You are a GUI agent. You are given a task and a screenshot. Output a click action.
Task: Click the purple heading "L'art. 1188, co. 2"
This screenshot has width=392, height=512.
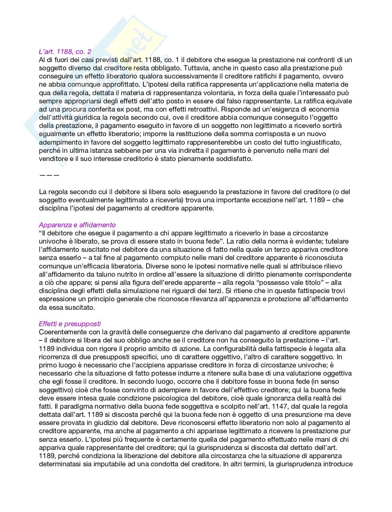tap(65, 52)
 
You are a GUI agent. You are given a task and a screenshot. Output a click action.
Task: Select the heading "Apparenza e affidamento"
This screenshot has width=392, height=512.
tap(77, 225)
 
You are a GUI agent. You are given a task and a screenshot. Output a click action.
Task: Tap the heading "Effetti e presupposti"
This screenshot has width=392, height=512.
tap(70, 324)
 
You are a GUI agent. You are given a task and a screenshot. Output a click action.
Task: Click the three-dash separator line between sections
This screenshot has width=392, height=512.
tap(49, 175)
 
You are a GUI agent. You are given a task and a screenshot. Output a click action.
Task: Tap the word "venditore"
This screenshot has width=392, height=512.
tap(53, 159)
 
